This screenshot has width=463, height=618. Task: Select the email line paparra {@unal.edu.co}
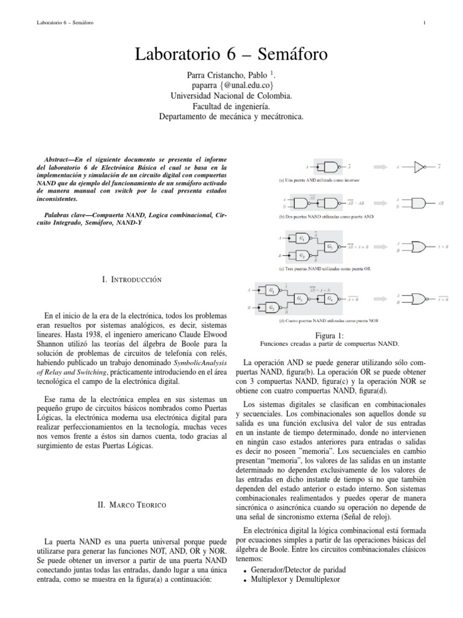coord(231,85)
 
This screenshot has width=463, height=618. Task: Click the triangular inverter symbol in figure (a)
coord(420,165)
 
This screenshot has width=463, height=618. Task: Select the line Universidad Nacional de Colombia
coord(231,95)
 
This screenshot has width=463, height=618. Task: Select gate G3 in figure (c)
coord(329,246)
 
